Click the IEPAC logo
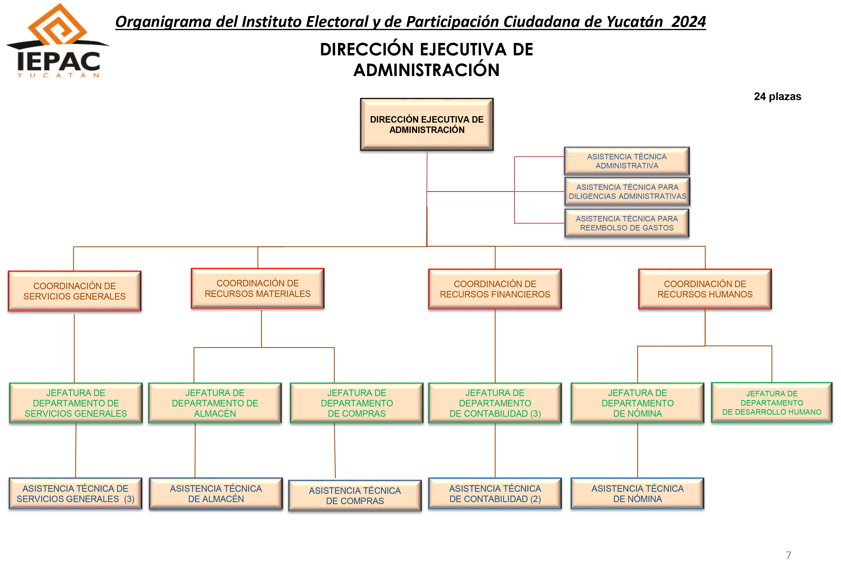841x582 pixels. [58, 41]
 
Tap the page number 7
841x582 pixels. [788, 555]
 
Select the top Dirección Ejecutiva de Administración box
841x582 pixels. [427, 124]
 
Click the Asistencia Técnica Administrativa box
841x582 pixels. [626, 161]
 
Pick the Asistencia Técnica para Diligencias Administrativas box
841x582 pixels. [627, 192]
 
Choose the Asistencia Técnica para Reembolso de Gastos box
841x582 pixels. [626, 223]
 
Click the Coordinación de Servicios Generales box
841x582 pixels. [75, 291]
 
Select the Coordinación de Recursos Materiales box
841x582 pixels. [257, 288]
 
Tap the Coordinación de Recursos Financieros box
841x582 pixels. [495, 289]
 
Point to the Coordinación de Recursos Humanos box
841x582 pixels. [705, 289]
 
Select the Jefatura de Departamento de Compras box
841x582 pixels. [357, 403]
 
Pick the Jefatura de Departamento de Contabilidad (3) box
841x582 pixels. [495, 403]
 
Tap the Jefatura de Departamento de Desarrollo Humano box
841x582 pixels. [772, 402]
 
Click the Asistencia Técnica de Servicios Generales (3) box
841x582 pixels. [76, 493]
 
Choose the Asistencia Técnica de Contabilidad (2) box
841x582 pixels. [495, 493]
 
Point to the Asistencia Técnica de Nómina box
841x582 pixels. [638, 493]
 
